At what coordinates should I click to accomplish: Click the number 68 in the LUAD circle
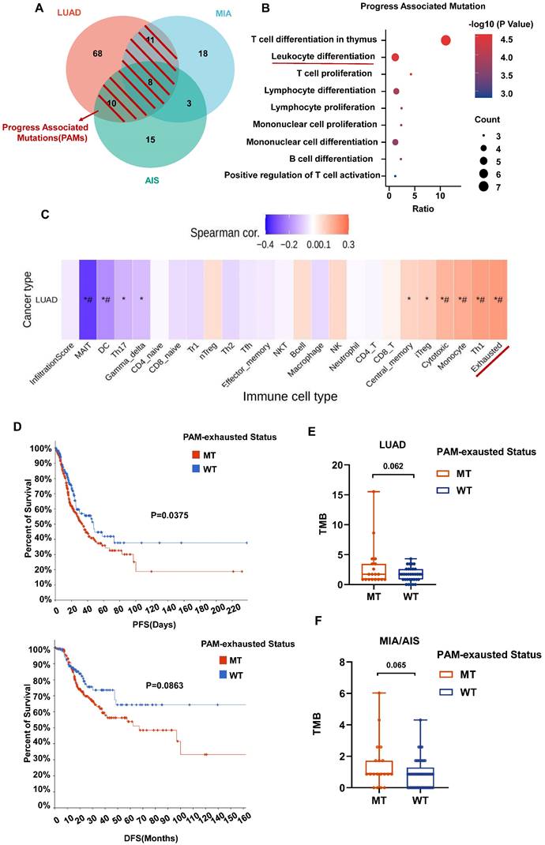(76, 53)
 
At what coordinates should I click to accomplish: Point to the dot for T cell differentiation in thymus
(445, 40)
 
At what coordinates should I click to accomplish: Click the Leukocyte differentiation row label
(322, 57)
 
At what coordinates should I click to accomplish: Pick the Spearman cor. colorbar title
(225, 232)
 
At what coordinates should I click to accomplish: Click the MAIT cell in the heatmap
(87, 299)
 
